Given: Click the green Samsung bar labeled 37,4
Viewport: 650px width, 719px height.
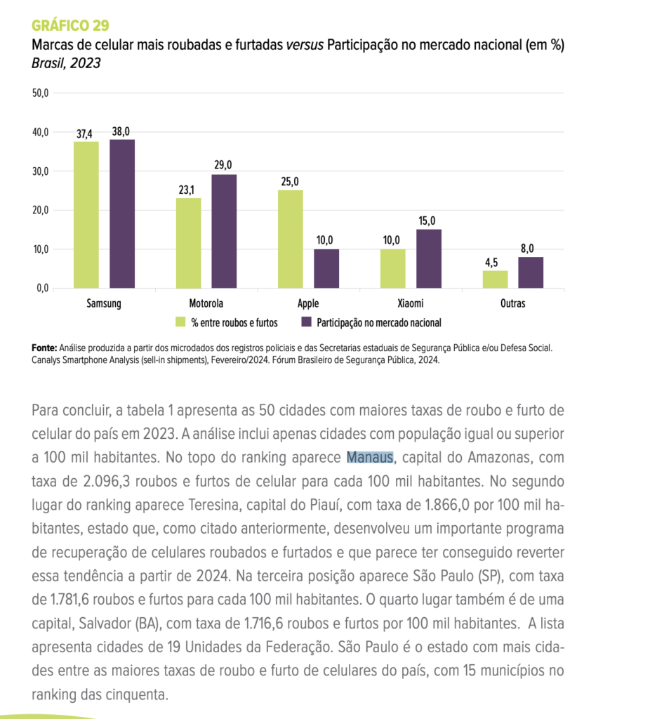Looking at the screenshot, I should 86,215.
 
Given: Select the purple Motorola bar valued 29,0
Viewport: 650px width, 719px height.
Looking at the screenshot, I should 224,232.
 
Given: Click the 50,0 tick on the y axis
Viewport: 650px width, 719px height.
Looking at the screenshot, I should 40,93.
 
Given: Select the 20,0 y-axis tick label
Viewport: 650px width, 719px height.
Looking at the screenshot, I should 40,211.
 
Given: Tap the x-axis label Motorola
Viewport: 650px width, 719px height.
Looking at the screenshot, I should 206,304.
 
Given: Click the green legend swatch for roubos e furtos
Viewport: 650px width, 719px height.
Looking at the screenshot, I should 180,322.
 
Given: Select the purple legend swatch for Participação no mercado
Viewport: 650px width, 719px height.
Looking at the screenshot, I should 306,322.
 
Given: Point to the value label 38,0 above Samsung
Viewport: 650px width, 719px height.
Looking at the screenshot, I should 121,131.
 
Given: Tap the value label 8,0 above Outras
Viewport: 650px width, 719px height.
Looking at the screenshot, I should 531,249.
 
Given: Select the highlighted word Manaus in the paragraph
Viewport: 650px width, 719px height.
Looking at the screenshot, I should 370,458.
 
